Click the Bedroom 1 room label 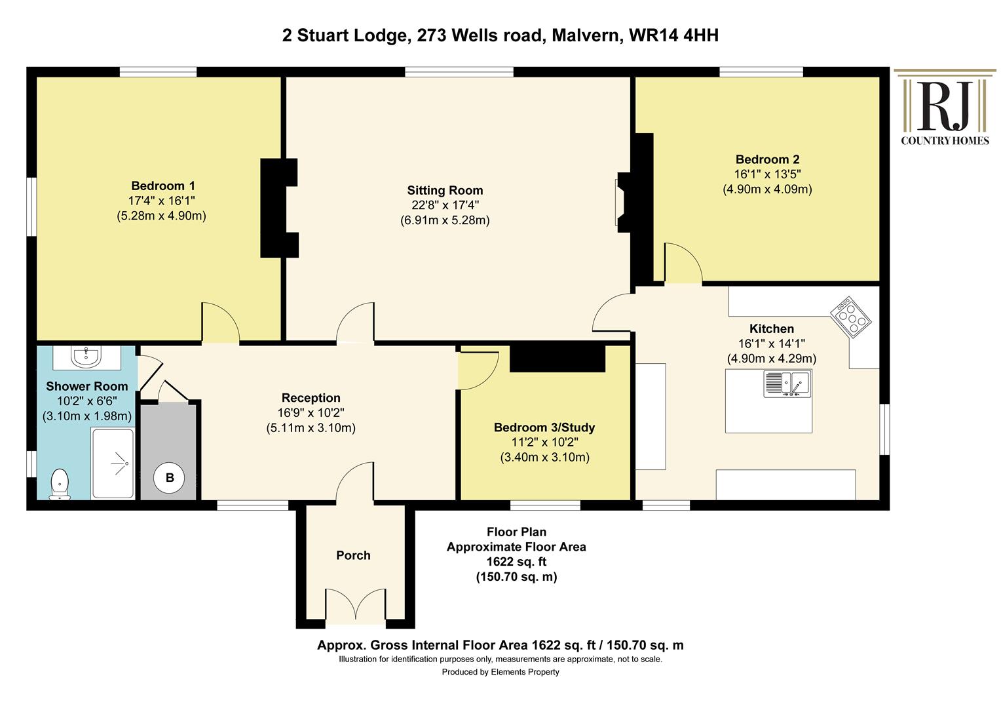162,186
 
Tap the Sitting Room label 445,191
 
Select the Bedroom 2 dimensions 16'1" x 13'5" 767,174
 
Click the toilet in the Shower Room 60,484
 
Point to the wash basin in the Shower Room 86,357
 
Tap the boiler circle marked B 170,478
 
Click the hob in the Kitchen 850,317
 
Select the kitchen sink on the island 787,383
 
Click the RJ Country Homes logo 945,108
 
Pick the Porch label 354,555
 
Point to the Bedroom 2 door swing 683,263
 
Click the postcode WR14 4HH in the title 673,35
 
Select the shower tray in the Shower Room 113,463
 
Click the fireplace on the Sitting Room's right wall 622,202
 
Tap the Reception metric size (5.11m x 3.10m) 311,428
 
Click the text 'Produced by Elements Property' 500,672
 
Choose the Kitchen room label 772,328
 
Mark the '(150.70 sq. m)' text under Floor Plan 517,577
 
